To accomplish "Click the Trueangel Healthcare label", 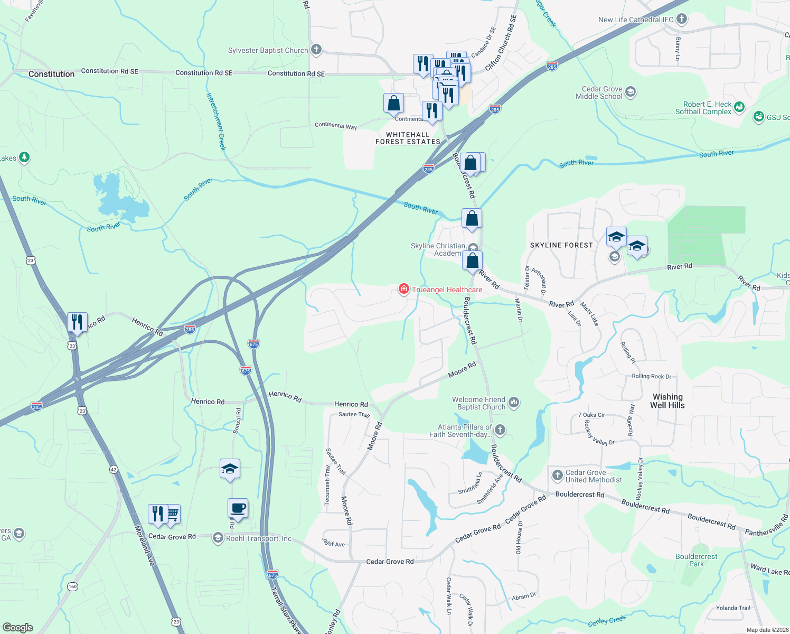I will point(447,290).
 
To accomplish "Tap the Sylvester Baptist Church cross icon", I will point(316,50).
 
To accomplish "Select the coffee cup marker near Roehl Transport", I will point(238,508).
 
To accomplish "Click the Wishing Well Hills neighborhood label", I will point(667,401).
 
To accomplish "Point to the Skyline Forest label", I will point(561,245).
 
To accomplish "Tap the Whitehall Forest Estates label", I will point(408,138).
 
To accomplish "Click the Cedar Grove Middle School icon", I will point(630,92).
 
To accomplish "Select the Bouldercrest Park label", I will point(696,560).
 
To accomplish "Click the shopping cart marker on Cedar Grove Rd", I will point(173,513).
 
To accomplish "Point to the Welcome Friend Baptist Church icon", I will point(514,403).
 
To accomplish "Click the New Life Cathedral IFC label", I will point(636,20).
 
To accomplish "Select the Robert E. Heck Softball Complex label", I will point(703,108).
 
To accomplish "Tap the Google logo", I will point(18,627).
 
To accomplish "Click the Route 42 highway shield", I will point(114,469).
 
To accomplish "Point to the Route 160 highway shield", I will point(72,586).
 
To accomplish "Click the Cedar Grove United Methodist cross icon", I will point(557,475).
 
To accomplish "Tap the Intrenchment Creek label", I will point(216,122).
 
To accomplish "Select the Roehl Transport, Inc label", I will point(259,538).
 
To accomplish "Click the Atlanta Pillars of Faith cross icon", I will point(500,430).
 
